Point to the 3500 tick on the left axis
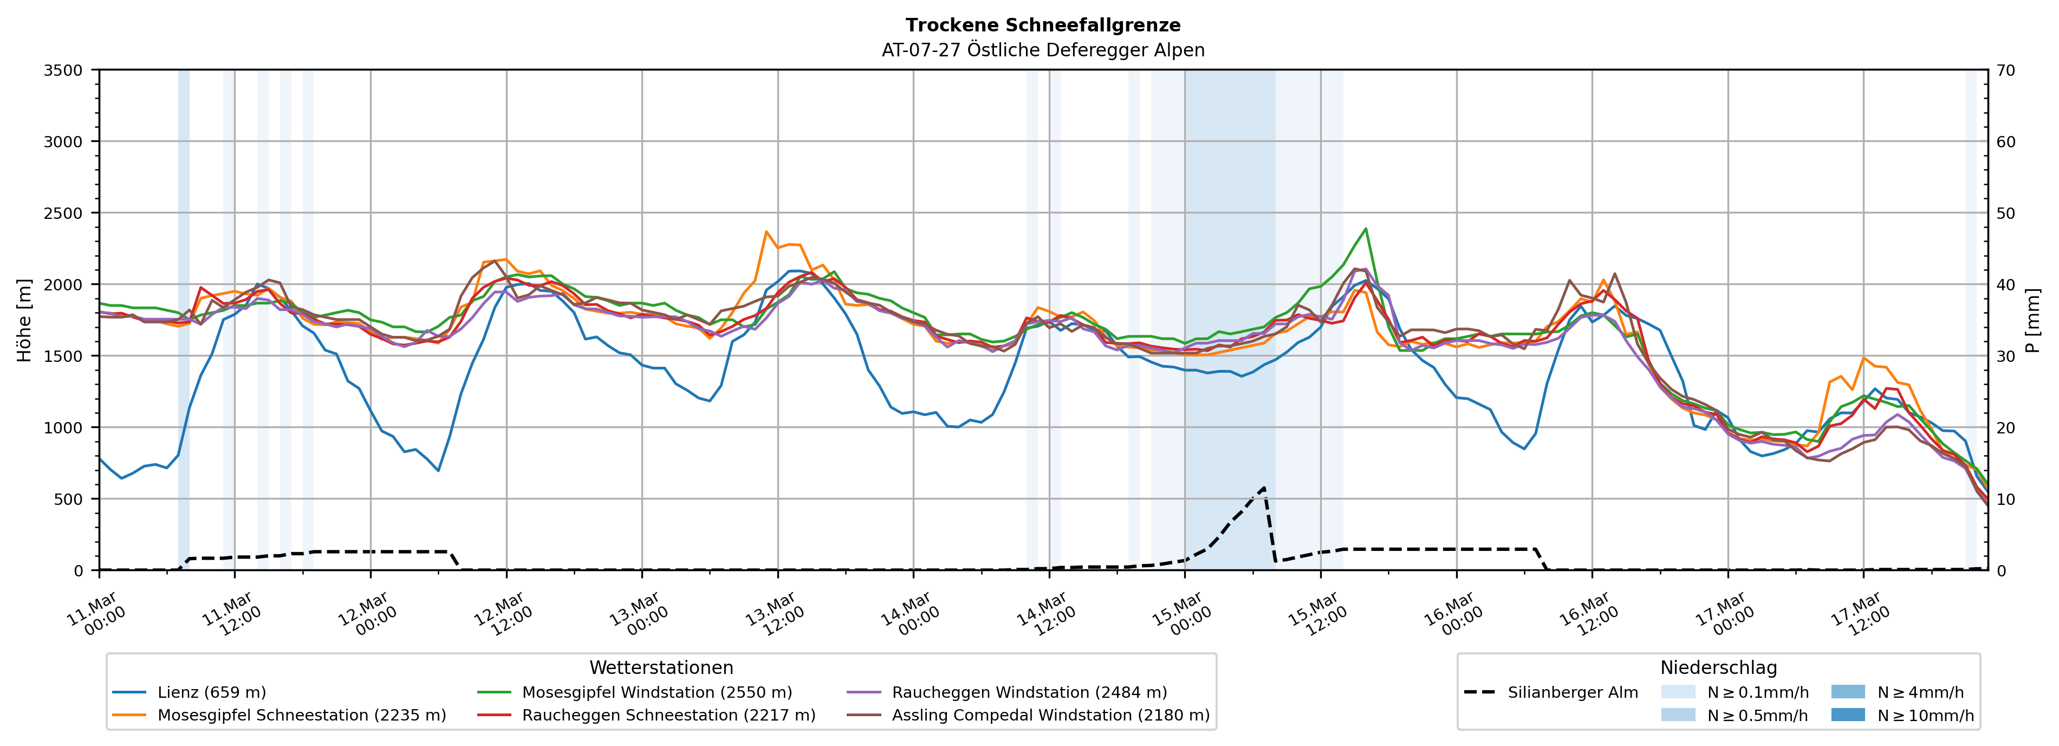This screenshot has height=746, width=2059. tap(63, 70)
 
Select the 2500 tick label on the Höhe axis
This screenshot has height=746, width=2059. tap(63, 213)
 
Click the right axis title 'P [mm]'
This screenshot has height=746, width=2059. tap(2032, 320)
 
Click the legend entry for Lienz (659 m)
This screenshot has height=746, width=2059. tap(211, 692)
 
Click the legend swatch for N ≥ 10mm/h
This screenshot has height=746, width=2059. tap(1848, 715)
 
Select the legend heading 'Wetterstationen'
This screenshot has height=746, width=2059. tap(661, 667)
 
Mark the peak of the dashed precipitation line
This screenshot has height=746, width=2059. tap(1264, 487)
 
